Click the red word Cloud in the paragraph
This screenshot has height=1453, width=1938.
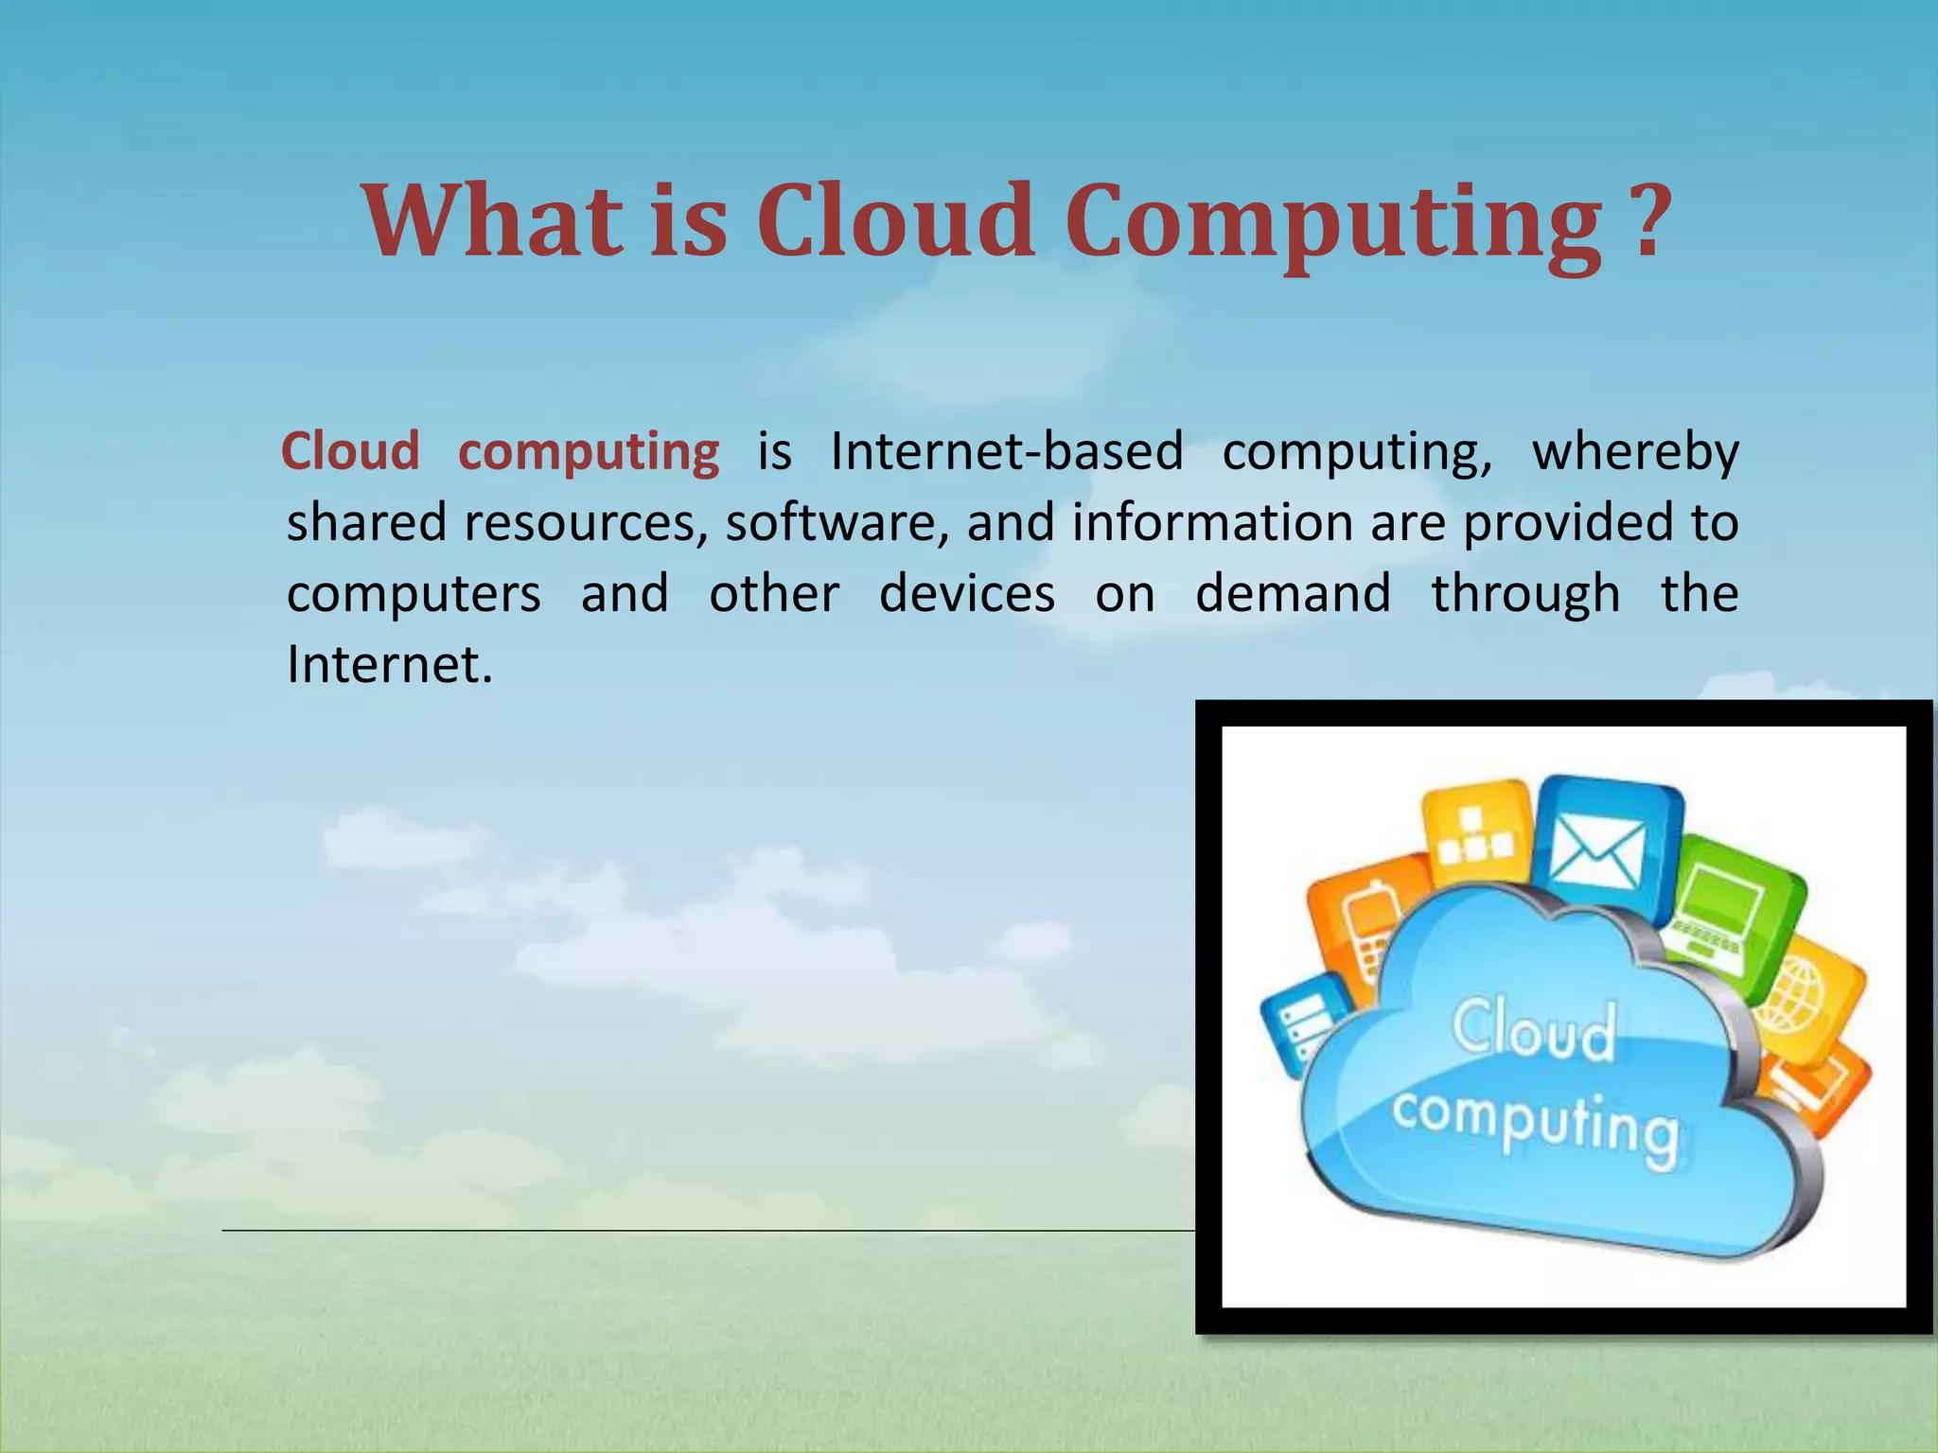(350, 451)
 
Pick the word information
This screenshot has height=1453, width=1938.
(1212, 523)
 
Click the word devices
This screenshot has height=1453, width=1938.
(966, 594)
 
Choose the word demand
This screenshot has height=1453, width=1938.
(1293, 594)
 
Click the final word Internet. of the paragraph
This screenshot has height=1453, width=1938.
(390, 665)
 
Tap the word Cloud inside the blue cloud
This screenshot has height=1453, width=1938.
(1533, 1031)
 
